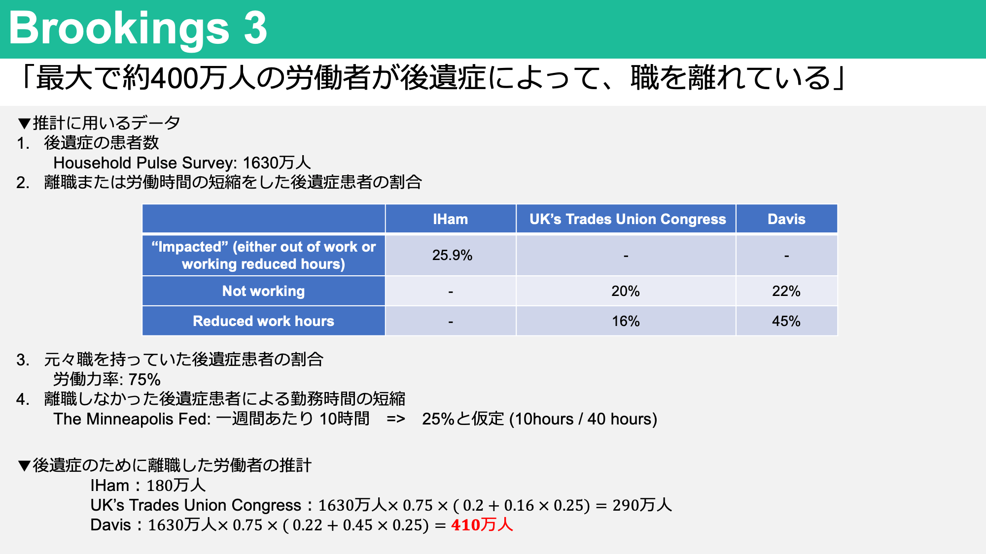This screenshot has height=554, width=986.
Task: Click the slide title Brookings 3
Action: pos(138,28)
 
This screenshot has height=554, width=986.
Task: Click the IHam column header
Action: pos(451,219)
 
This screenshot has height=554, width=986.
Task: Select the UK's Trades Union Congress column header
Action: pos(628,219)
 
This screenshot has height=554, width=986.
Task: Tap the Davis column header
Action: pos(786,219)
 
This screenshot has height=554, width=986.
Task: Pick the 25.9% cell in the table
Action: pos(452,255)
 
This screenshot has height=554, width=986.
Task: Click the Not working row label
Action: pos(263,291)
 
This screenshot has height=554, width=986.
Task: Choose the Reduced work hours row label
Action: pos(263,321)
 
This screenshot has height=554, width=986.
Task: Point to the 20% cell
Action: pos(626,291)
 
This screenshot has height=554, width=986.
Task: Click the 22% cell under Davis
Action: pos(786,291)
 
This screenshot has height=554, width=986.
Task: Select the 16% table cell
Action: pos(626,321)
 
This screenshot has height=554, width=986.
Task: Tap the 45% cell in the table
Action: pos(786,321)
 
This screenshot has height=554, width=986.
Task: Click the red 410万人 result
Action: pos(482,525)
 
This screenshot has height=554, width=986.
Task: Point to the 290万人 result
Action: pos(642,505)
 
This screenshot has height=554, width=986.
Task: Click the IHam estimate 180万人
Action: pos(176,486)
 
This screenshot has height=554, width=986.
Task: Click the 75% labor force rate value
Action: pos(144,380)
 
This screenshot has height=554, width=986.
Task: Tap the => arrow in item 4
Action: pos(396,419)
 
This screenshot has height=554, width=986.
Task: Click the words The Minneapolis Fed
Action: pos(132,419)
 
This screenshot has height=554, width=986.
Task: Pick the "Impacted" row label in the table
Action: pos(263,255)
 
